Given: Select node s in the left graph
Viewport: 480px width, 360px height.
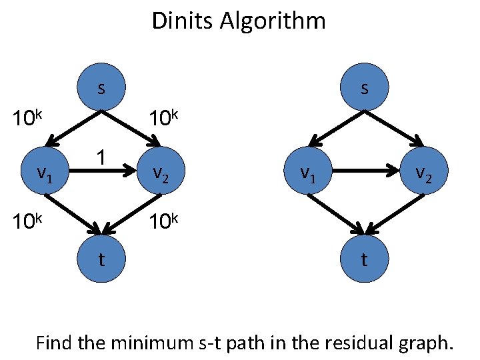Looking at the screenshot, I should pyautogui.click(x=101, y=88).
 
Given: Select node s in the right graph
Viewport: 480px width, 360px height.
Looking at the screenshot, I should pyautogui.click(x=364, y=88).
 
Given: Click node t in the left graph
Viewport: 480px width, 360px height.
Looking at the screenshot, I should pyautogui.click(x=101, y=259).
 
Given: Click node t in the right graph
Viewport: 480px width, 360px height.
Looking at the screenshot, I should pyautogui.click(x=364, y=259).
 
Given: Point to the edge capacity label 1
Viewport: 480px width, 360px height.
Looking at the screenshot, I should pyautogui.click(x=99, y=158).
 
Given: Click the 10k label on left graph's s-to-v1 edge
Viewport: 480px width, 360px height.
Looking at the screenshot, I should pyautogui.click(x=29, y=119).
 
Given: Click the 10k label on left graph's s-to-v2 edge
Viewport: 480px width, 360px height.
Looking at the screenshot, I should pyautogui.click(x=164, y=119).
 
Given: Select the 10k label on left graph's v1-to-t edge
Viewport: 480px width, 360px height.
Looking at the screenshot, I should pyautogui.click(x=29, y=221).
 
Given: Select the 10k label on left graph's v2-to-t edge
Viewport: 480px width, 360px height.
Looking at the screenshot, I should pyautogui.click(x=164, y=221).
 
